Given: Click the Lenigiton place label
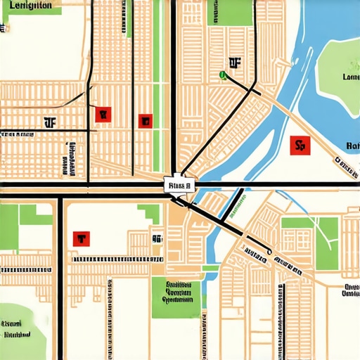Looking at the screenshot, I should [x=27, y=5].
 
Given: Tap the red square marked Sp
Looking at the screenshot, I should [x=300, y=146].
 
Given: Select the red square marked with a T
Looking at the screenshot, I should [x=81, y=239].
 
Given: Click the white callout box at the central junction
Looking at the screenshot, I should [x=179, y=186].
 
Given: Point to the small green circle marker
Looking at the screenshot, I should [x=223, y=74].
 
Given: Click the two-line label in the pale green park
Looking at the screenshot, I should [x=21, y=329].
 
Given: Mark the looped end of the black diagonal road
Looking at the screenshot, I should [x=270, y=251].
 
